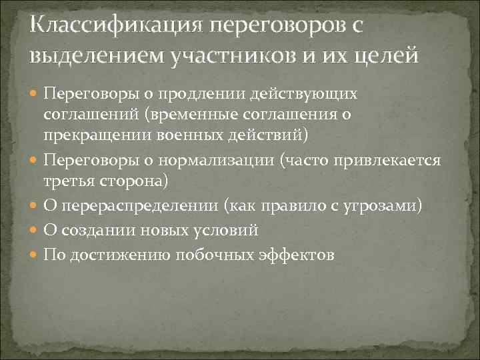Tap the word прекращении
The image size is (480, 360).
pos(97,137)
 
